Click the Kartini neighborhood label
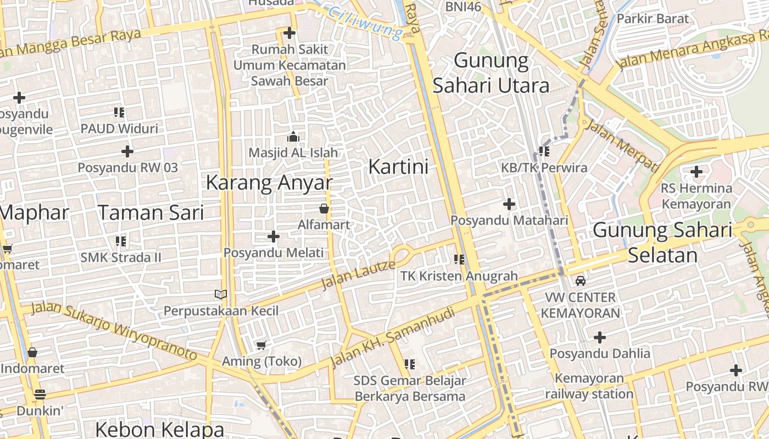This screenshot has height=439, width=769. [398, 166]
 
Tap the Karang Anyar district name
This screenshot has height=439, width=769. [269, 183]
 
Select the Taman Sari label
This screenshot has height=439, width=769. [151, 212]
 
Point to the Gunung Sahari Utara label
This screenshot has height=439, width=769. [491, 73]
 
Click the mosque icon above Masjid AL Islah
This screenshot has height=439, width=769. [293, 137]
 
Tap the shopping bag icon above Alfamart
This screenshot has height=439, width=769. [324, 209]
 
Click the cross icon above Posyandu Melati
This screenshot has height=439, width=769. [273, 237]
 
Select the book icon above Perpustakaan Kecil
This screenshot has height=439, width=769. [221, 295]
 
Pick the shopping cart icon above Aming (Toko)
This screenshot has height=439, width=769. [261, 345]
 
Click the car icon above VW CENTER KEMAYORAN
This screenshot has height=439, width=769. [580, 282]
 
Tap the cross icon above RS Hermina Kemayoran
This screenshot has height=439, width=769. [696, 172]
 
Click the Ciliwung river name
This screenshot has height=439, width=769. [365, 21]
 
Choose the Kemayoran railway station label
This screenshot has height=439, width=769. [589, 386]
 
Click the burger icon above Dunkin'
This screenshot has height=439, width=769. [40, 395]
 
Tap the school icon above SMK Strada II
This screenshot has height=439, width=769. [121, 241]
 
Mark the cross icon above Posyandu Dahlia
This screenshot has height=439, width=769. [600, 337]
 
